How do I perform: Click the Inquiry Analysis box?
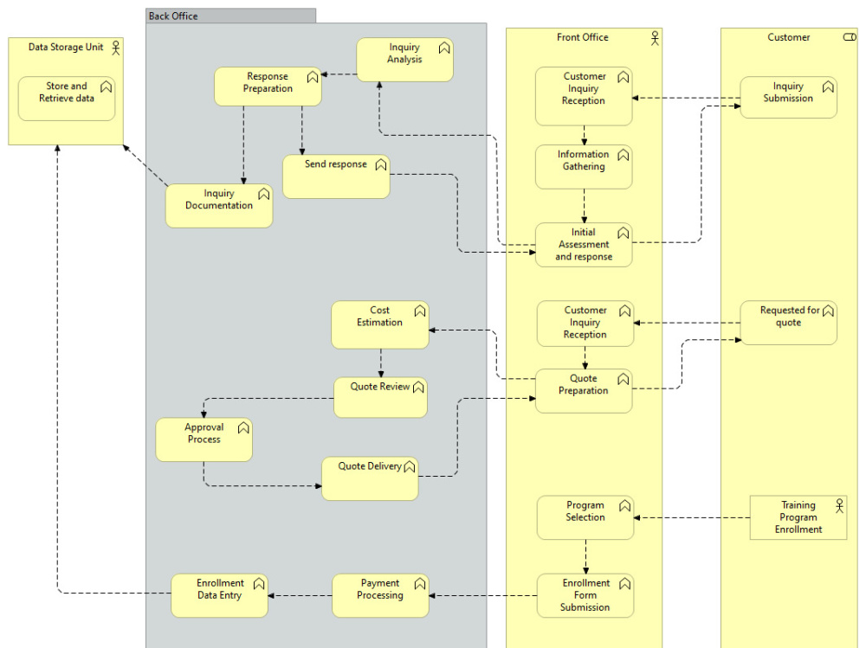404,60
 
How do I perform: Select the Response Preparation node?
268,87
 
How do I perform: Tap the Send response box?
336,176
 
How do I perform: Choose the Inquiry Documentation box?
219,206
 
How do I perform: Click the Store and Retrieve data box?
67,99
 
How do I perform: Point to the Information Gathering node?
583,167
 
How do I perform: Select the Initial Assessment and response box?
583,245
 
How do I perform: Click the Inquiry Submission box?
788,98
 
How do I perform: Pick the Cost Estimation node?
380,324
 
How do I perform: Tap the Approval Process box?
204,439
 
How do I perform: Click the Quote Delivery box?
370,478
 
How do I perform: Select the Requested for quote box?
788,323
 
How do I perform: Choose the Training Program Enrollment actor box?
798,517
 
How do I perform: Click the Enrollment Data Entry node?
219,595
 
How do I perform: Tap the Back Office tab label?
173,16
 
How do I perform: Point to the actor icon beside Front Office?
655,37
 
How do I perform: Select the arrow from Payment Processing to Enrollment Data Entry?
300,595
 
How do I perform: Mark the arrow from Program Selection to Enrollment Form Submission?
585,556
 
